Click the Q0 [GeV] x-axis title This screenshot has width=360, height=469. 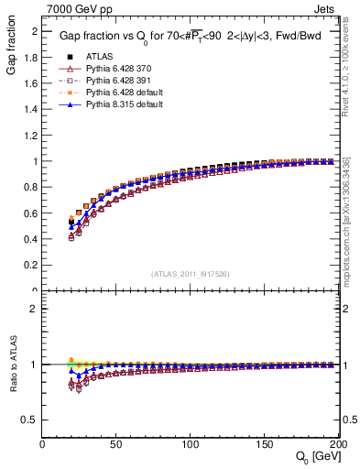tap(317, 456)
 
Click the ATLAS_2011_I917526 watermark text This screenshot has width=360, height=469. tap(190, 274)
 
